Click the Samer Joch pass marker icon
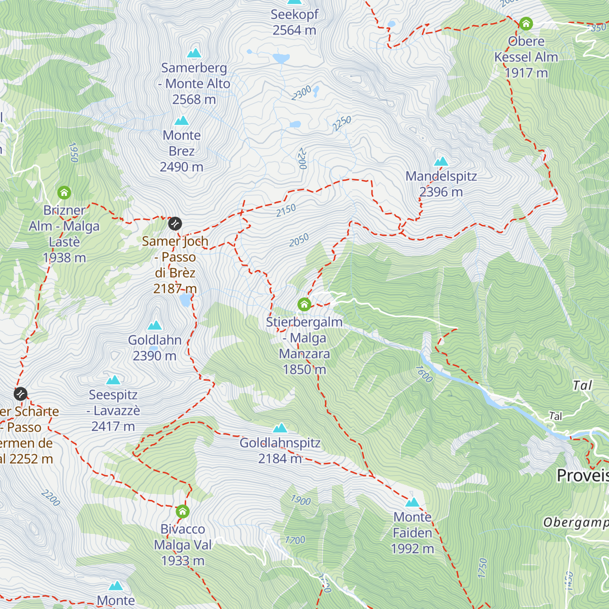(x=175, y=223)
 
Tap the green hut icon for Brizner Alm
(x=64, y=193)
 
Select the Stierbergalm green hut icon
(x=304, y=304)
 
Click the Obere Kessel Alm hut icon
(x=526, y=24)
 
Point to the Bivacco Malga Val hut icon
(x=183, y=511)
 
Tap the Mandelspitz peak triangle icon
(x=441, y=162)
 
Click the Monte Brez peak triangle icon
(x=182, y=121)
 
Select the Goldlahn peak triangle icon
(x=154, y=325)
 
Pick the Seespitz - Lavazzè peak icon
(x=113, y=380)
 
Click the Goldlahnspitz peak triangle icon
(x=280, y=428)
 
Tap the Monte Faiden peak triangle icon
(x=413, y=502)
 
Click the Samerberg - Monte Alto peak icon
(x=194, y=53)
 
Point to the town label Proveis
(x=582, y=476)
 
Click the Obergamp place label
(x=576, y=523)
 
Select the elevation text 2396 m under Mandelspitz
(x=441, y=192)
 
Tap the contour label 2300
(x=301, y=93)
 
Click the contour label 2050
(x=299, y=240)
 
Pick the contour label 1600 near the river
(x=424, y=374)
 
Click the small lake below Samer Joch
(x=185, y=300)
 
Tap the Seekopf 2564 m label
(x=294, y=22)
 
